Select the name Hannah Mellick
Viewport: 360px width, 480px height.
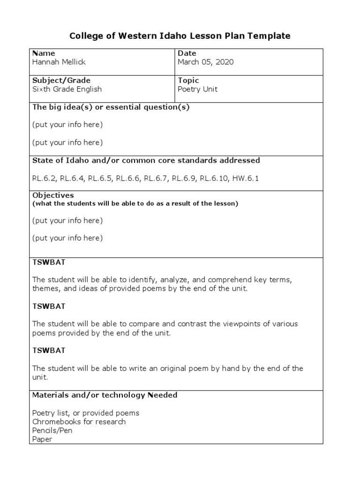59,62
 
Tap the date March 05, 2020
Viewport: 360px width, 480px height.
205,62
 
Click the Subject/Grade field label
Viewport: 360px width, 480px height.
61,80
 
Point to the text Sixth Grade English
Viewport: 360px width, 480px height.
67,89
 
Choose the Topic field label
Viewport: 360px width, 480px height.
188,80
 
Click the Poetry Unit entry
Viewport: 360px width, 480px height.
197,89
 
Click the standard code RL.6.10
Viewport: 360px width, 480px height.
214,178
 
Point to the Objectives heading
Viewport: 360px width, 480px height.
53,195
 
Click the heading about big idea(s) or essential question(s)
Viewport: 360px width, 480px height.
111,107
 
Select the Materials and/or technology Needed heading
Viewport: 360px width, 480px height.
105,395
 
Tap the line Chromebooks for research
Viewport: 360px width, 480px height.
79,422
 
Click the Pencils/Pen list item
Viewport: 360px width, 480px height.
52,430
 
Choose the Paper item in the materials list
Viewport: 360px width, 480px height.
42,439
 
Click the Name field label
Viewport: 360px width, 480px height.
44,53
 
